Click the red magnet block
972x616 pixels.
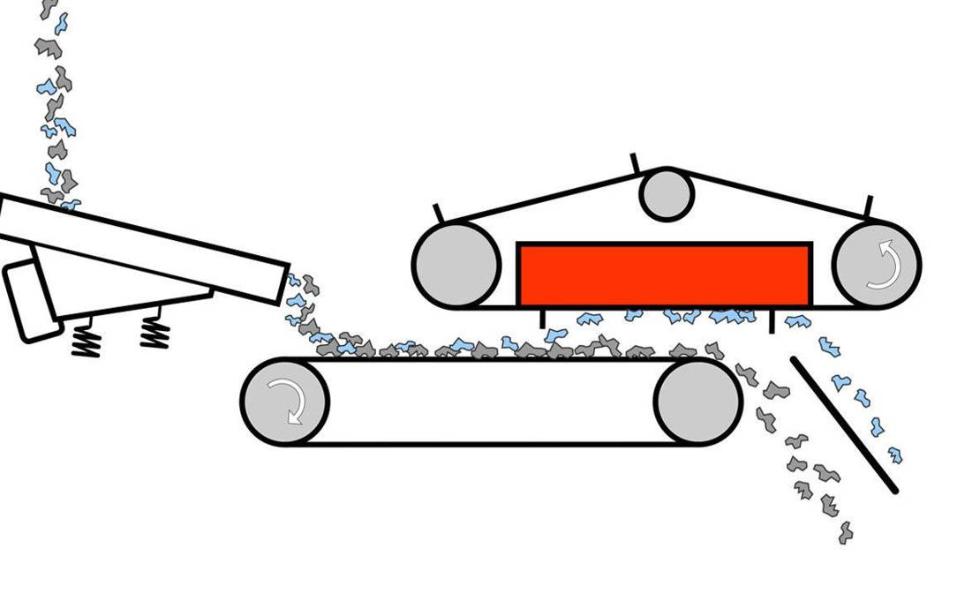tap(664, 274)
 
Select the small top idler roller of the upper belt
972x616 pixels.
tap(667, 195)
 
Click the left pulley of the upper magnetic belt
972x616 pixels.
tap(456, 265)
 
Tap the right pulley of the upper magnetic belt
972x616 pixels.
tap(876, 265)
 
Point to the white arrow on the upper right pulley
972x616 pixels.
tap(883, 265)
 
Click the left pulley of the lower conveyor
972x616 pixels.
tap(284, 402)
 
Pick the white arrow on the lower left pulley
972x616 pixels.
tap(288, 402)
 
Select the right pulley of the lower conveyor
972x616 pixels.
tap(697, 402)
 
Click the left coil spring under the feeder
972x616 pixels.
tap(86, 337)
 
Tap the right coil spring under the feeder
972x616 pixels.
tap(154, 332)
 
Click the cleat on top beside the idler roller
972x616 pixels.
tap(635, 162)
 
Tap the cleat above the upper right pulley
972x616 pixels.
tap(870, 206)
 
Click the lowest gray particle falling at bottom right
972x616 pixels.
tap(846, 532)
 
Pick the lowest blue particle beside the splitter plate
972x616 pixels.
tap(895, 455)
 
